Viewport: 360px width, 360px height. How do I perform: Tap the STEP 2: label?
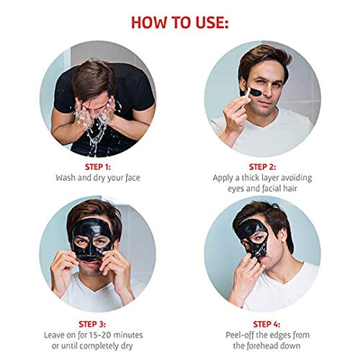pyautogui.click(x=260, y=166)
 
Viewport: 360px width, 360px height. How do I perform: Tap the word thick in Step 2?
pyautogui.click(x=246, y=176)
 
